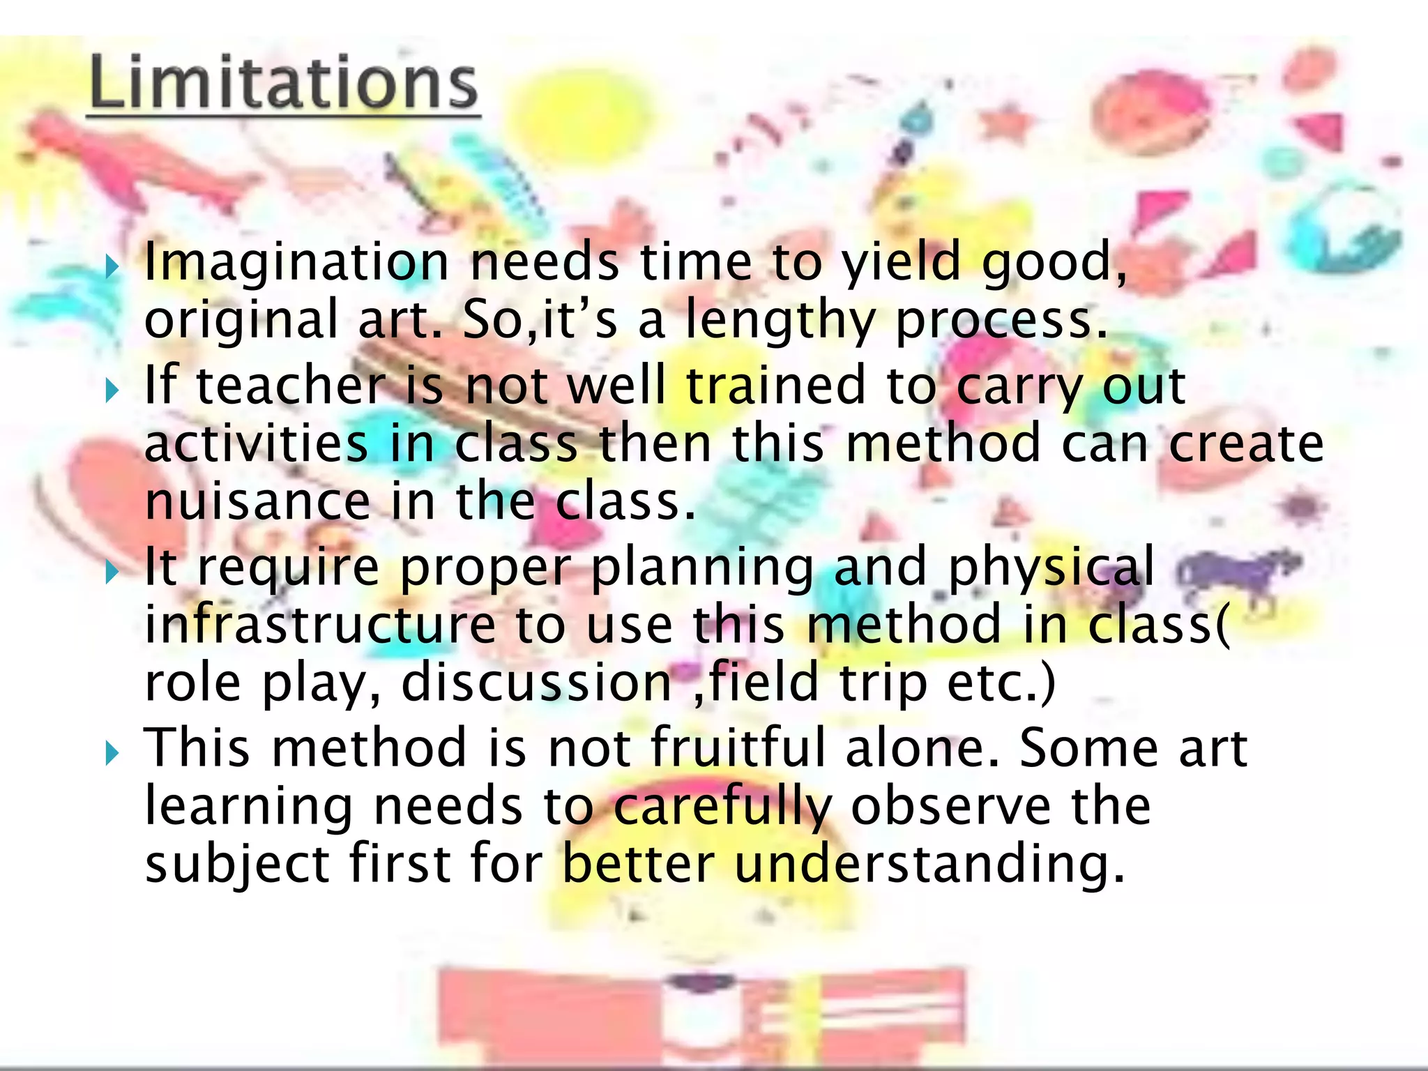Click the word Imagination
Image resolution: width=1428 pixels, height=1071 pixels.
click(x=296, y=264)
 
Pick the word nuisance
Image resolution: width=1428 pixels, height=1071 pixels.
click(x=257, y=501)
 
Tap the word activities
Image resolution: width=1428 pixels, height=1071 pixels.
click(x=256, y=443)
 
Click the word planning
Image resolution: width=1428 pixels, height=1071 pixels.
click(x=702, y=568)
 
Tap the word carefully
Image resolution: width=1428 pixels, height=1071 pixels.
click(x=723, y=807)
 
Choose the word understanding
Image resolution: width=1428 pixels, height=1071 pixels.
click(x=929, y=865)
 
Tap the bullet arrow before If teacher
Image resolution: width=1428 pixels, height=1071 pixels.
click(x=112, y=390)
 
